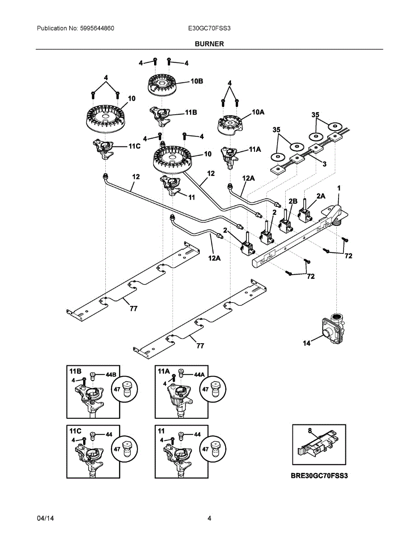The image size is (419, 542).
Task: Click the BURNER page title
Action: [x=209, y=44]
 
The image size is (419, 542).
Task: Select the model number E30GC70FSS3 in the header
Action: [x=209, y=28]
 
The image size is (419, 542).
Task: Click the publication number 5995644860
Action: [x=96, y=28]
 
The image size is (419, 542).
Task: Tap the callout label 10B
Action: [x=197, y=81]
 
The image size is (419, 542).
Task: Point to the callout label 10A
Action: [x=258, y=112]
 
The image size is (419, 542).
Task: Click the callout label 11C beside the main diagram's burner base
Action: [x=135, y=147]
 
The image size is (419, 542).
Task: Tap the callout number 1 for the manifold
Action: [x=339, y=187]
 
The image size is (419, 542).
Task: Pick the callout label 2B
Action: [x=293, y=201]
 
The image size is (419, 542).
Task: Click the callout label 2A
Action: [x=320, y=196]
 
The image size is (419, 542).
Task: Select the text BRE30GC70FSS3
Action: [x=320, y=476]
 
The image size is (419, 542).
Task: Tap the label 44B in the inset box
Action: [x=111, y=374]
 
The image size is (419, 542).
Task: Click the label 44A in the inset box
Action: [x=199, y=374]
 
